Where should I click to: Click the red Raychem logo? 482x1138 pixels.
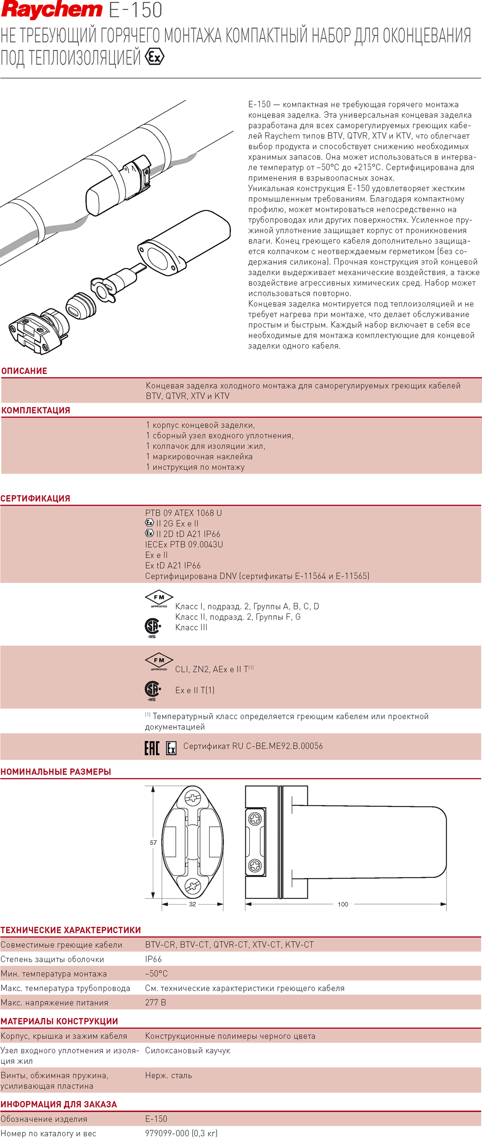tap(52, 10)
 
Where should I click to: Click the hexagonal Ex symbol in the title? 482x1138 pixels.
tap(154, 57)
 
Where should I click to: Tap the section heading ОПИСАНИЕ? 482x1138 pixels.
tap(24, 371)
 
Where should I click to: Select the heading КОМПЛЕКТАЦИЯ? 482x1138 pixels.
tap(36, 411)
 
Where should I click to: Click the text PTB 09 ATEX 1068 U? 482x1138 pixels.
tap(183, 513)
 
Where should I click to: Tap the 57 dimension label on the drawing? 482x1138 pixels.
tap(153, 843)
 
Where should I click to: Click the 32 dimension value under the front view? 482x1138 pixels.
tap(193, 904)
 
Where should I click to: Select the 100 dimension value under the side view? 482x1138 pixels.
tap(343, 904)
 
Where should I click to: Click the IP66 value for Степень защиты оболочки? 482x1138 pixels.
tap(153, 959)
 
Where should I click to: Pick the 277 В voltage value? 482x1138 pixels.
tap(156, 1002)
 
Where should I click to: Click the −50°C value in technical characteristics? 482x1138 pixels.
tap(157, 973)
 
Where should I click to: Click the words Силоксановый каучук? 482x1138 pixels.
tap(187, 1051)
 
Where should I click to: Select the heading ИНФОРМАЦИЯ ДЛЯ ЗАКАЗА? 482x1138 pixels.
tap(59, 1104)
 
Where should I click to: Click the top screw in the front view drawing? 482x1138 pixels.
tap(193, 798)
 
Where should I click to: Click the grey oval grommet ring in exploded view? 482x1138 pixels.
tap(80, 305)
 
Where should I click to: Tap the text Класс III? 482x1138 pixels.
tap(191, 627)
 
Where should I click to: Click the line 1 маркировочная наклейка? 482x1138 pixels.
tap(199, 457)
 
